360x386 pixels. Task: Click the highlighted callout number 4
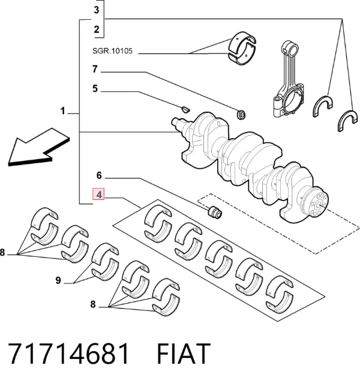[98, 195]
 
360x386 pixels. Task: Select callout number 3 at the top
[97, 10]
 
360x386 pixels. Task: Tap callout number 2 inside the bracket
[97, 29]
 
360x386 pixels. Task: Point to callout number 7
[95, 69]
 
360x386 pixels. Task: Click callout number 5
[95, 89]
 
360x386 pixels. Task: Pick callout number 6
[99, 175]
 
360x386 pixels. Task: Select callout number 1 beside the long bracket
[63, 111]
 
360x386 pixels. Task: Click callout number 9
[58, 280]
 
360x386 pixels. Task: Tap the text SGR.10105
[112, 51]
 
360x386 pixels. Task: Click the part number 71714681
[68, 353]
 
